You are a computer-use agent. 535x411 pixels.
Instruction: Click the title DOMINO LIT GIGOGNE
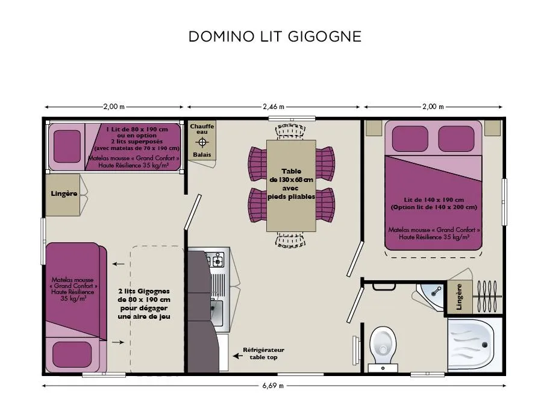click(275, 37)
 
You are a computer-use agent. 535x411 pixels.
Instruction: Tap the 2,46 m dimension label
click(274, 107)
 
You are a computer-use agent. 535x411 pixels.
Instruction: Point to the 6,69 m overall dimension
click(273, 386)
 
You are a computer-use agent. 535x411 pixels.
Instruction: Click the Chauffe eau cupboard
click(202, 140)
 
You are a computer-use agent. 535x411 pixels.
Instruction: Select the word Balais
click(202, 155)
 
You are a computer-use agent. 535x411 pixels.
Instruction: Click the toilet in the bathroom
click(383, 348)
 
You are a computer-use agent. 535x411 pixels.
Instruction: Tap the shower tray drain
click(484, 345)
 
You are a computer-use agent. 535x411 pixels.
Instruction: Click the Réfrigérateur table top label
click(263, 354)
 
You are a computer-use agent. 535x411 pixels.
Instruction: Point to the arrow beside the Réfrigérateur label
click(237, 356)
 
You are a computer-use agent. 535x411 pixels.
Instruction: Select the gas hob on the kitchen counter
click(215, 259)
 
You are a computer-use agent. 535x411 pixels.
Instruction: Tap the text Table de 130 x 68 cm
click(292, 175)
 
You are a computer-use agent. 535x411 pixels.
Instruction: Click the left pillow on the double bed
click(410, 139)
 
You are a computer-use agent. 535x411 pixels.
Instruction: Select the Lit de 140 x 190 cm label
click(434, 200)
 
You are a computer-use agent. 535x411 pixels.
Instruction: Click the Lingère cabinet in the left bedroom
click(63, 195)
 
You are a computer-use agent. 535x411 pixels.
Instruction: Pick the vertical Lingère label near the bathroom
click(459, 296)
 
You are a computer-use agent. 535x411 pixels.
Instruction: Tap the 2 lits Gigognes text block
click(144, 304)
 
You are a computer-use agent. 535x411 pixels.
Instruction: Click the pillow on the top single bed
click(67, 146)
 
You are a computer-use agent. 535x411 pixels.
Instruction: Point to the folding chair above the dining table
click(290, 131)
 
